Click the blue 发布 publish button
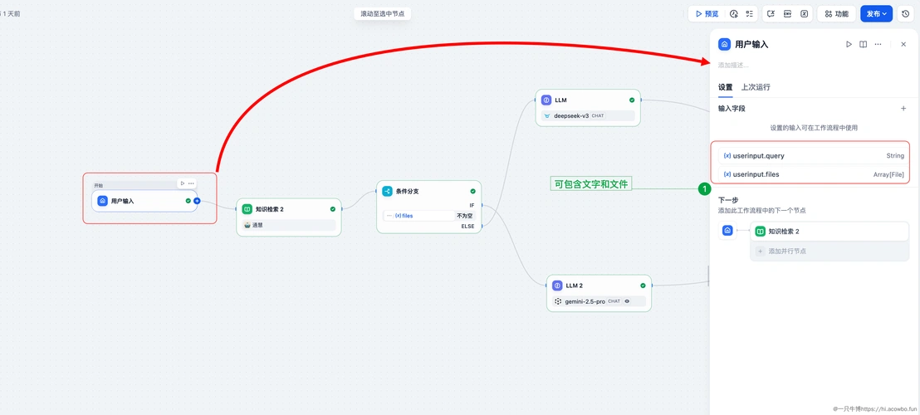click(x=876, y=13)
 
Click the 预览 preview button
click(x=704, y=13)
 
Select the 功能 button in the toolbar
click(x=836, y=13)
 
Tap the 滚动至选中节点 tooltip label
click(x=383, y=13)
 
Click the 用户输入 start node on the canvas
click(x=122, y=201)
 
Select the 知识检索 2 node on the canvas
click(x=270, y=209)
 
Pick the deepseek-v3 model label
click(x=571, y=116)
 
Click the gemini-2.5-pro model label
click(x=585, y=301)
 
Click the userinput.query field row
click(x=810, y=155)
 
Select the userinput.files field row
click(x=810, y=174)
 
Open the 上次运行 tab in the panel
click(x=756, y=87)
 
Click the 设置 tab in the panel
click(x=725, y=87)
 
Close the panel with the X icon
click(x=903, y=44)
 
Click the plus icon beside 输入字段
click(x=903, y=108)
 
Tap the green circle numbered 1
click(x=704, y=189)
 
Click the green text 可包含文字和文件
click(x=590, y=184)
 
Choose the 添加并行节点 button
click(x=786, y=251)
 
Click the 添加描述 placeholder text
click(x=733, y=65)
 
